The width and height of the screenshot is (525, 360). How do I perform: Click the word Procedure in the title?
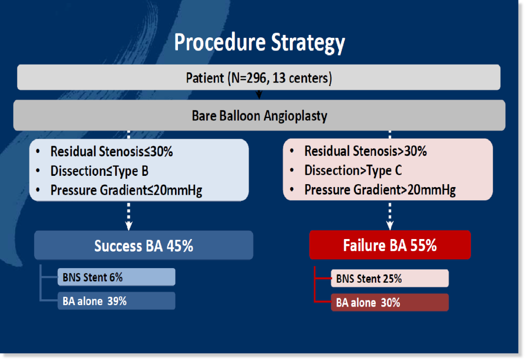[220, 42]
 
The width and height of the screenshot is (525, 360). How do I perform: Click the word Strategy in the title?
[308, 43]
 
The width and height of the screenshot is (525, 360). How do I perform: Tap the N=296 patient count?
[249, 78]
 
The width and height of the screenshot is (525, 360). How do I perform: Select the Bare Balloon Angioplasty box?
[259, 116]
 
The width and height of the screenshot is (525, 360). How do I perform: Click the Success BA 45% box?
[143, 245]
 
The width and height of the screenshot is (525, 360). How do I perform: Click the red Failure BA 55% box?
[390, 245]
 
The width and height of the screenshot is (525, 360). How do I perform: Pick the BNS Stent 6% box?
[116, 277]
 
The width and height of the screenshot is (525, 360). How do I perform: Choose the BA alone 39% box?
[116, 301]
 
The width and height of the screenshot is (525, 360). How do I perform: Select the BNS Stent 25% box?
[390, 278]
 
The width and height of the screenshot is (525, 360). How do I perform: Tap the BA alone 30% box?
[390, 303]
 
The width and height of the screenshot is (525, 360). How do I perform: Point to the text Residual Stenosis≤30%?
[111, 152]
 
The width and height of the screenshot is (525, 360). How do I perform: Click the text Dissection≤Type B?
[100, 171]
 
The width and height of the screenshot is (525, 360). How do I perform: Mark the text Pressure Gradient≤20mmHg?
[126, 190]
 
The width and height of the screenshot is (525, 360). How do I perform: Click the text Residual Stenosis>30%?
[366, 151]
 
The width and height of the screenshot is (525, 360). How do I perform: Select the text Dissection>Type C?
[353, 171]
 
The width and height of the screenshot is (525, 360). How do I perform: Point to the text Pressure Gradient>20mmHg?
[380, 190]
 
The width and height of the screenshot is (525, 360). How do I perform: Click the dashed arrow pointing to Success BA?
[129, 216]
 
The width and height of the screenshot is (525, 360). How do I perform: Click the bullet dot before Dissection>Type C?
[292, 171]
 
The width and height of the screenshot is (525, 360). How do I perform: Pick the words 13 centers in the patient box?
[301, 78]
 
